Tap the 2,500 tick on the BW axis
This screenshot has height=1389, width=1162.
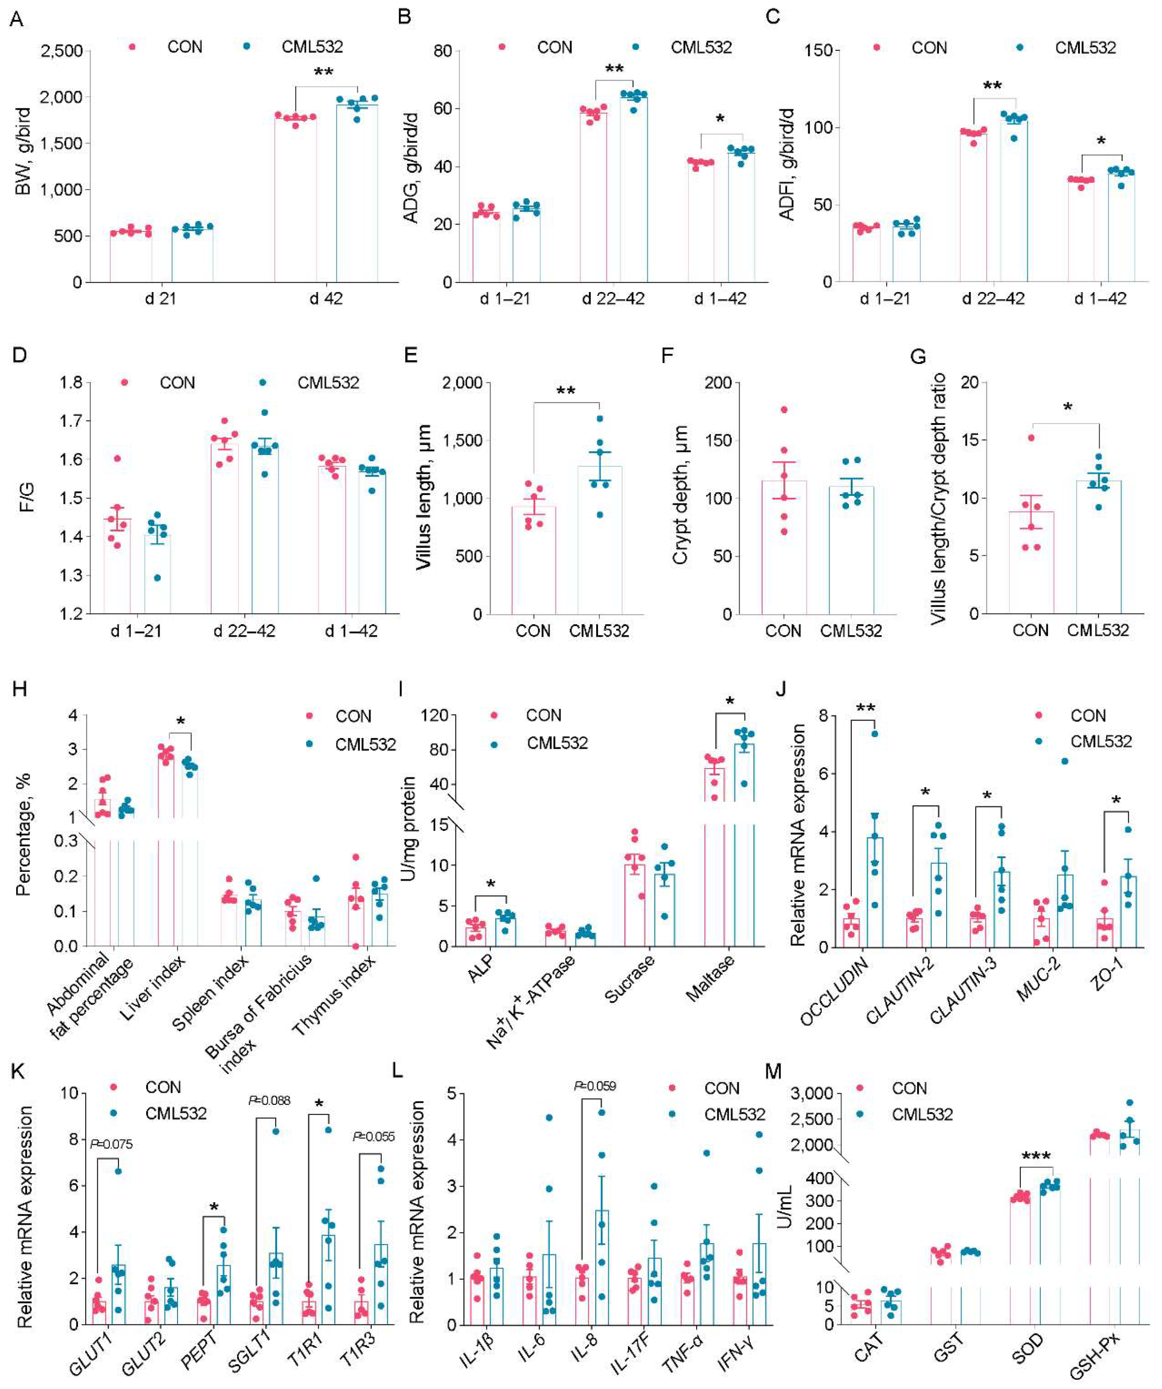point(61,51)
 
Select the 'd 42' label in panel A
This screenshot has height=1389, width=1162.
point(326,298)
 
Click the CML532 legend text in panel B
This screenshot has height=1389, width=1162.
point(701,48)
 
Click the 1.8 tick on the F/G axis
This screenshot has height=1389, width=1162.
point(71,382)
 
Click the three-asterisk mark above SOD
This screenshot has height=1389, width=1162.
point(1036,1157)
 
